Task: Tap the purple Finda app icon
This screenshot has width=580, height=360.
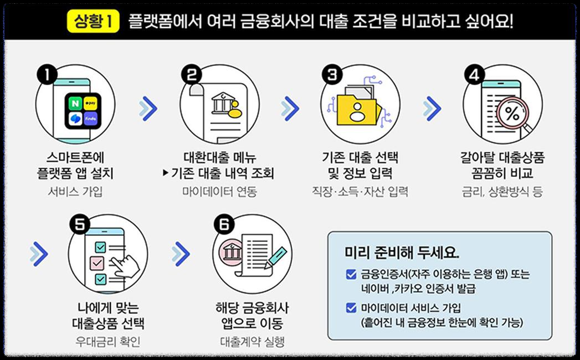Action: [91, 119]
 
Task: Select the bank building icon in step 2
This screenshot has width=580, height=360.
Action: [222, 103]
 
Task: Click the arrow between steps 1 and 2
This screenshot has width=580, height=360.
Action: [147, 108]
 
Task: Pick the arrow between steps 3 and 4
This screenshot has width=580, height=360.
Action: [432, 108]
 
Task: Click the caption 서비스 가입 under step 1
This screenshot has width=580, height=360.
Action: [75, 192]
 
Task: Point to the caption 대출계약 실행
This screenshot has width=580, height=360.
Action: [252, 342]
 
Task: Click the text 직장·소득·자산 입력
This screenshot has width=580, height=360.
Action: [360, 192]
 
